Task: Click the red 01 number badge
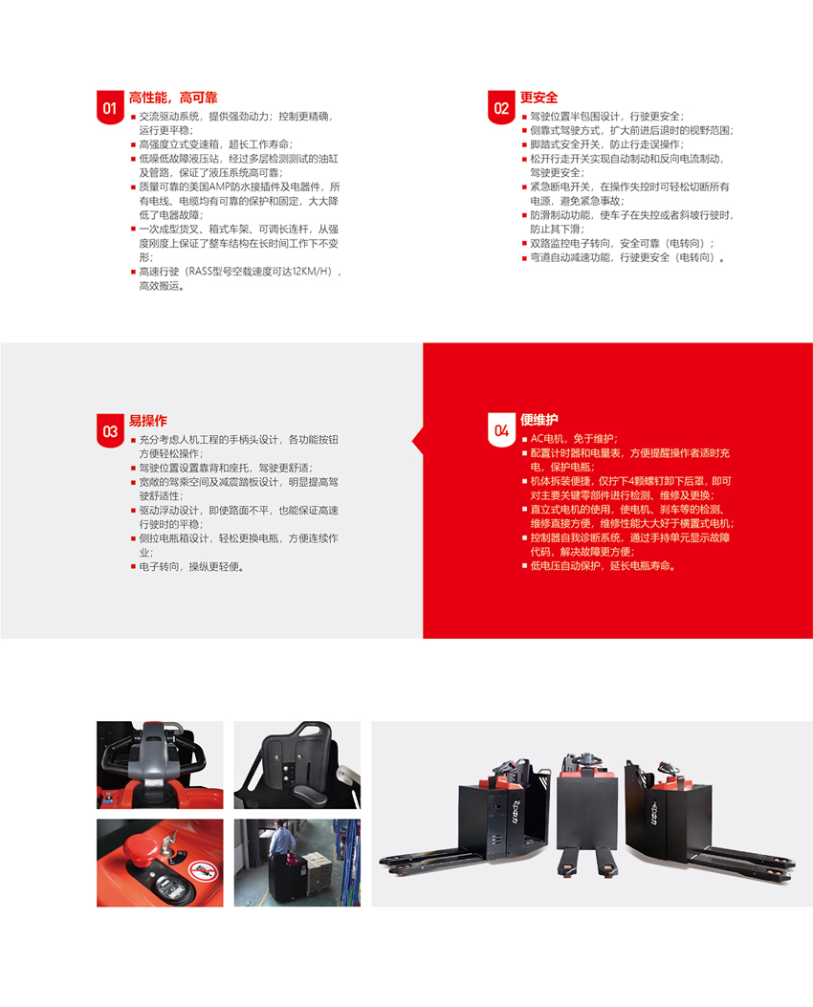[x=110, y=106]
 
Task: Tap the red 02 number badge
[x=501, y=106]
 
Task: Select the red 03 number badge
[x=110, y=430]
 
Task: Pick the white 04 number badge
[x=501, y=429]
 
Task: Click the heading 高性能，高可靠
[x=173, y=98]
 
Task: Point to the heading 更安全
[x=538, y=98]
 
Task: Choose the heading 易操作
[x=147, y=421]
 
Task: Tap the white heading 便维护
[x=538, y=420]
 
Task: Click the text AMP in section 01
[x=220, y=186]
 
